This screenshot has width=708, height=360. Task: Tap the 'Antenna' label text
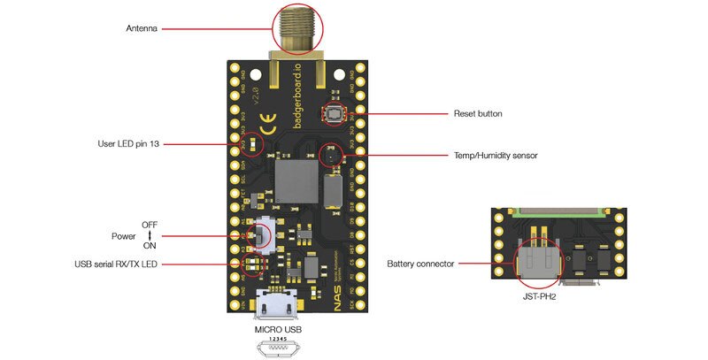pyautogui.click(x=142, y=29)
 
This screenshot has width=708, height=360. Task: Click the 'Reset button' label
pyautogui.click(x=478, y=114)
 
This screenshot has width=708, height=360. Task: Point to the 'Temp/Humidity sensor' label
pyautogui.click(x=495, y=156)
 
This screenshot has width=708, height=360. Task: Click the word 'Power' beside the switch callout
pyautogui.click(x=124, y=236)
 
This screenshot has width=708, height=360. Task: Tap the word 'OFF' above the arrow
pyautogui.click(x=150, y=225)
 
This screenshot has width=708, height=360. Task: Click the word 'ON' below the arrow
pyautogui.click(x=150, y=247)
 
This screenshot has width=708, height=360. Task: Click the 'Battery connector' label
pyautogui.click(x=421, y=264)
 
